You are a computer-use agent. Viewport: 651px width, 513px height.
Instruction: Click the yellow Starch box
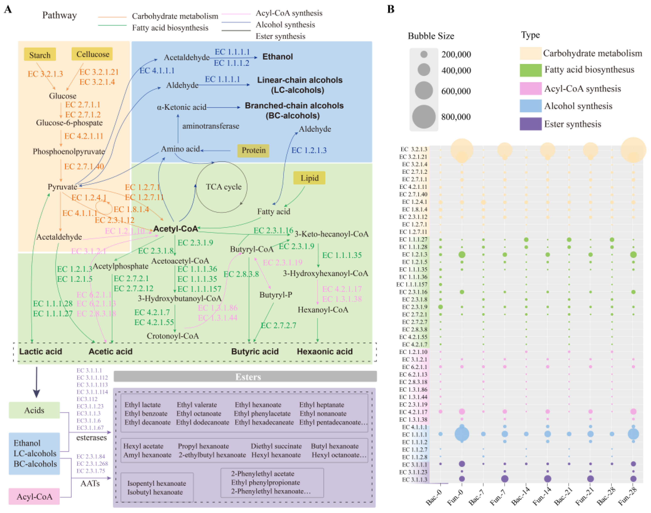point(40,55)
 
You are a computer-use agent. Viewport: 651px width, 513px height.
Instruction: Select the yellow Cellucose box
point(92,54)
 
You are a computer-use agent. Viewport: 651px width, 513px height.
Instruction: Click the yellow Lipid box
point(309,178)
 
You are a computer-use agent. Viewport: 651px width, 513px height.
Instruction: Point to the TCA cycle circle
point(222,187)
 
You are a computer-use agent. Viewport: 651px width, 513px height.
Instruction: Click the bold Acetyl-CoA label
point(176,229)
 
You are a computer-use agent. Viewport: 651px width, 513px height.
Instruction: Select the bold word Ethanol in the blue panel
point(277,57)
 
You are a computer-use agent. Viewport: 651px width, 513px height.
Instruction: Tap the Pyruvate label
point(62,187)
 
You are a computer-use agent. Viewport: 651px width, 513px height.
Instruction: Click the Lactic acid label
point(41,351)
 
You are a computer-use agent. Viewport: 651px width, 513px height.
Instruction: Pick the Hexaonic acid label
point(325,351)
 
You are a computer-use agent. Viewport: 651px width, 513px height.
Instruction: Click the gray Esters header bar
point(245,377)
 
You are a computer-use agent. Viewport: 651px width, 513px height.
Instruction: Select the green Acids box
point(34,410)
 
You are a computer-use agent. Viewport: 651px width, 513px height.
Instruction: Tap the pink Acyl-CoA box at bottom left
point(34,496)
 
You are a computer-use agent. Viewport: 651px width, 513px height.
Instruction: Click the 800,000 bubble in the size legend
point(424,117)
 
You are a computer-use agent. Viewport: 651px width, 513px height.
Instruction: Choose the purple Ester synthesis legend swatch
point(531,124)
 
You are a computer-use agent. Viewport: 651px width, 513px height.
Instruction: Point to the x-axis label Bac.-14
point(520,496)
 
